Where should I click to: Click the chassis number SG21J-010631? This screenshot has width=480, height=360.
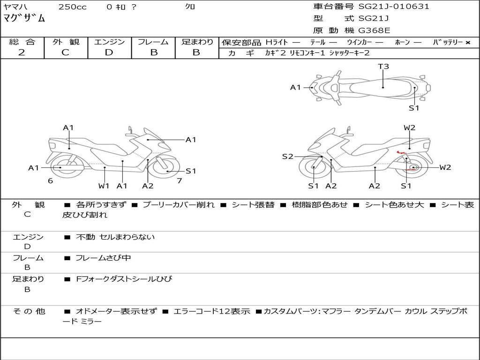394,7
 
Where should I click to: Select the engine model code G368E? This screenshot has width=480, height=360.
374,31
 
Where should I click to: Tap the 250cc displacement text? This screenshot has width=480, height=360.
72,7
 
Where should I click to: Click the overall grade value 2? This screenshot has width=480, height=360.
22,52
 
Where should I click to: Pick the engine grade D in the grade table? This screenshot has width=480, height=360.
109,52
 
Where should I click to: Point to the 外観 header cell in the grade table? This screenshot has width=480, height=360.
66,42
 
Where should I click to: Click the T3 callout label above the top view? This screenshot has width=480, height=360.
383,67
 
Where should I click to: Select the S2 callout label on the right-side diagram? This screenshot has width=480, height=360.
287,157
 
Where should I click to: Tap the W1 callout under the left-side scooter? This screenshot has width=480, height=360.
104,186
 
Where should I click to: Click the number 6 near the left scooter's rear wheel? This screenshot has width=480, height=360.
50,180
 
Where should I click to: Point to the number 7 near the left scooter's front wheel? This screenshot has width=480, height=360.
179,180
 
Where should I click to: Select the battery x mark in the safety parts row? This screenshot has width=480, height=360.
467,43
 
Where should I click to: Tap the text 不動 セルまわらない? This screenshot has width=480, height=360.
115,237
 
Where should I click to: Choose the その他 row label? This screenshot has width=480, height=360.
29,311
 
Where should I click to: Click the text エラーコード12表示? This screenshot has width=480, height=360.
212,311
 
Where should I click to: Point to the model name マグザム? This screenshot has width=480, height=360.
24,19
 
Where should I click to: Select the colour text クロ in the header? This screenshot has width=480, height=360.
190,7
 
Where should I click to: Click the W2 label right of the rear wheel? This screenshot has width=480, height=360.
445,167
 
